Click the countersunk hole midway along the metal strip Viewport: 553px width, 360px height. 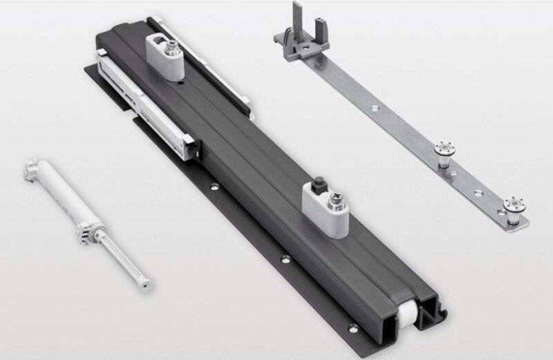pyautogui.click(x=374, y=107)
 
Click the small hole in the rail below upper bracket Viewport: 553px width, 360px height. pyautogui.click(x=182, y=84)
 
